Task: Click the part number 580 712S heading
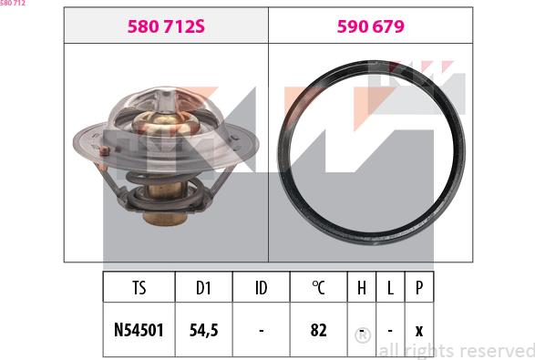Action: coord(166,26)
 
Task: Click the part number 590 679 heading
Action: coord(371,26)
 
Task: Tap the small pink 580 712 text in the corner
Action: coord(13,3)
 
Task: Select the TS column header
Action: coord(139,287)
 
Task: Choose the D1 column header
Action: coord(203,287)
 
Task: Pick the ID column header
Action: coord(262,287)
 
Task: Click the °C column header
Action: coord(318,287)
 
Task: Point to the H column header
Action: coord(362,287)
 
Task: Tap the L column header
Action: coord(390,287)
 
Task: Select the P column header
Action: coord(419,287)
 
